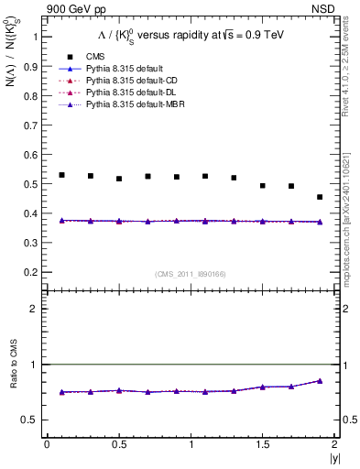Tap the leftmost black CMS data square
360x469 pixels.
[x=61, y=175]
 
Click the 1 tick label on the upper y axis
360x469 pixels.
[x=34, y=37]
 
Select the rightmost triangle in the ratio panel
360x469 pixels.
[x=320, y=381]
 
